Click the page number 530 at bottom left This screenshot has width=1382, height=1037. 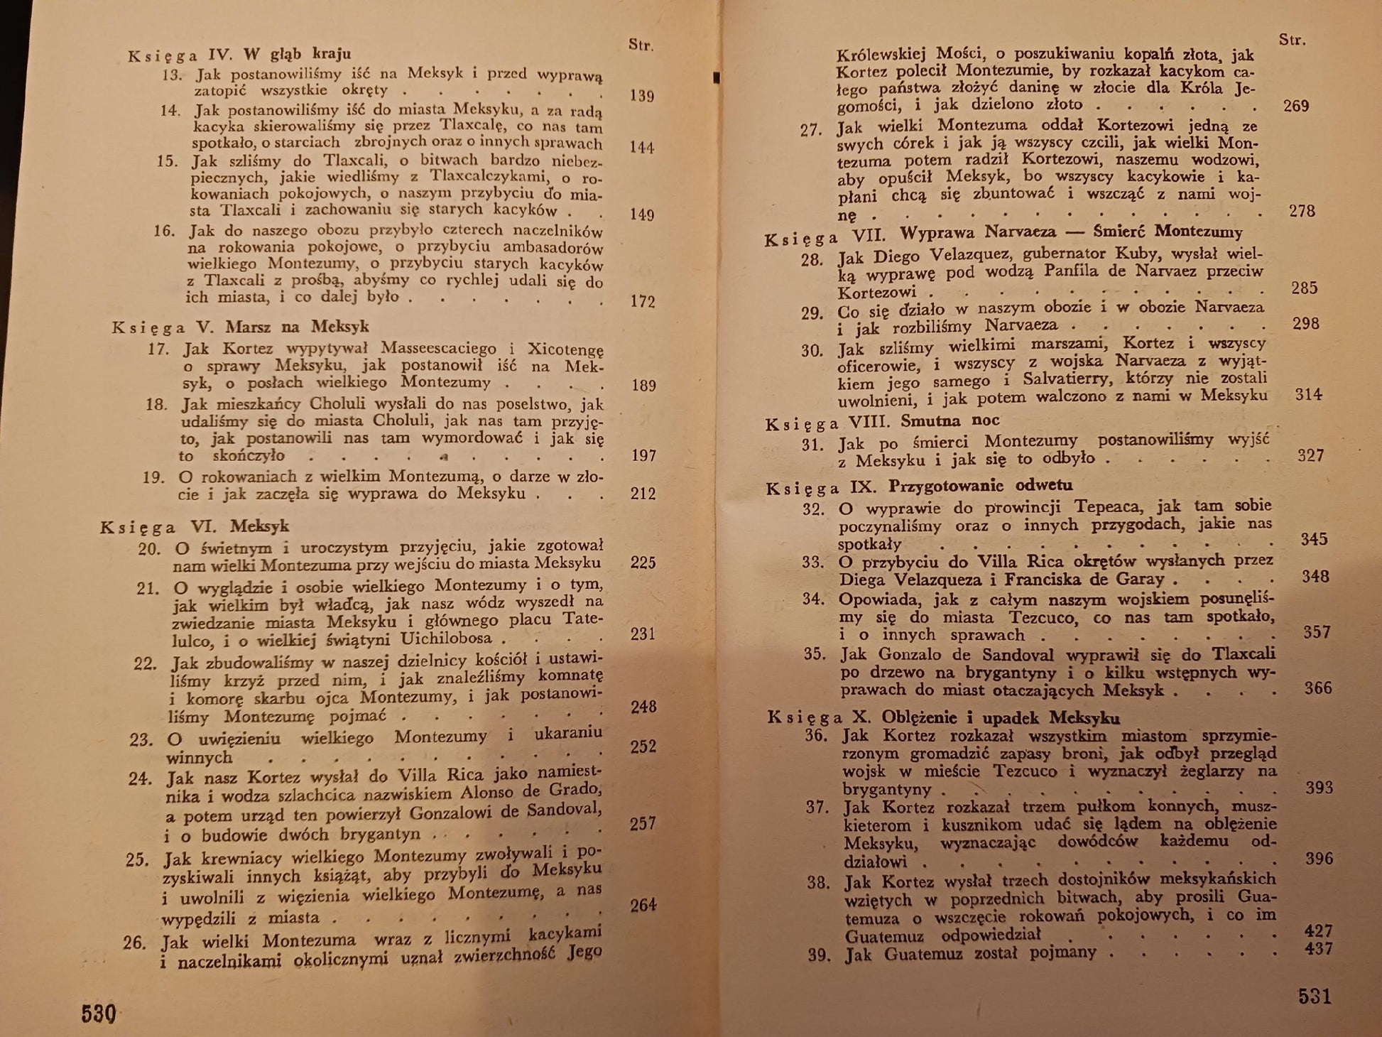[98, 1013]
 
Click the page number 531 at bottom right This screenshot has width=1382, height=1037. [1315, 996]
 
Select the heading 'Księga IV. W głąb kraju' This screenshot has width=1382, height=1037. [239, 55]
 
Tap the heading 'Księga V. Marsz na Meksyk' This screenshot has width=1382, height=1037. [240, 327]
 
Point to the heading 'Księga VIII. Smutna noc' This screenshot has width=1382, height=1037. [882, 422]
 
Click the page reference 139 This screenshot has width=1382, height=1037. [641, 96]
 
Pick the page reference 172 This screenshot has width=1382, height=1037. [642, 301]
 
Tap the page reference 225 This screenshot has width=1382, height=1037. [643, 563]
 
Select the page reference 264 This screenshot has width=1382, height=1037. [643, 905]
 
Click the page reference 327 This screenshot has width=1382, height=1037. [1310, 455]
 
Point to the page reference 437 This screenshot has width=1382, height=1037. [1318, 949]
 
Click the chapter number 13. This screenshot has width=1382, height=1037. [172, 74]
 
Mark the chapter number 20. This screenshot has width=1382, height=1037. [149, 548]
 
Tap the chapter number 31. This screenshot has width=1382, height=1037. [812, 445]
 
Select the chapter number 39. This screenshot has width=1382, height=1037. [819, 955]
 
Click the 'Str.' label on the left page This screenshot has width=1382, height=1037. [641, 45]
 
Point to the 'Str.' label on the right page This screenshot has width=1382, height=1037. [1292, 40]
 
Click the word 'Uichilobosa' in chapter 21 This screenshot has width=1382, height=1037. [446, 638]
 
